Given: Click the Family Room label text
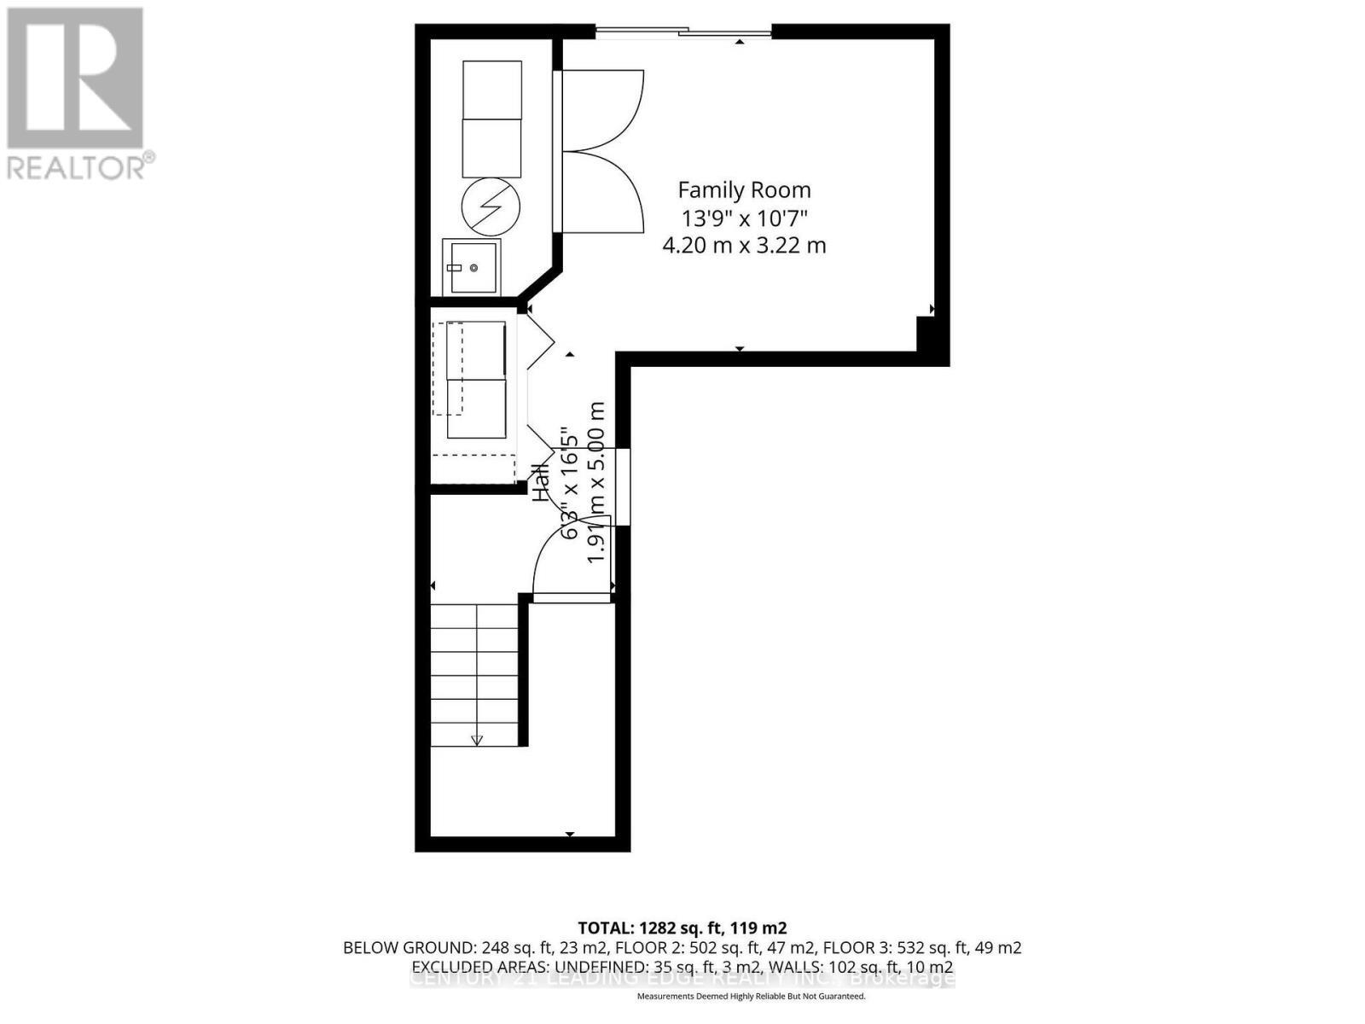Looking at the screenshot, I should [x=744, y=190].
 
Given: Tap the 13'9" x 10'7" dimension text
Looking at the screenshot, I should [x=744, y=218].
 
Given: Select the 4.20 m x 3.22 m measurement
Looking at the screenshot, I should [x=744, y=246].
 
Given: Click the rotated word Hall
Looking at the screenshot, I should [x=541, y=482].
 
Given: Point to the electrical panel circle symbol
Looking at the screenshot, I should [x=491, y=207].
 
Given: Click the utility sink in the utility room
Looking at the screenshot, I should [x=471, y=267].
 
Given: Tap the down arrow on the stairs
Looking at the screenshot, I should [x=477, y=740].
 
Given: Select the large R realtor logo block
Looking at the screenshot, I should [x=75, y=79].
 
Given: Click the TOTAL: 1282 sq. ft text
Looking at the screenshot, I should [x=682, y=928].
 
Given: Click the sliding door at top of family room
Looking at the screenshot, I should [x=682, y=33].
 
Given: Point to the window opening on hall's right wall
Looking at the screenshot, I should [x=624, y=486].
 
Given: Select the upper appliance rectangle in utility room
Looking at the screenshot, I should [x=491, y=90].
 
